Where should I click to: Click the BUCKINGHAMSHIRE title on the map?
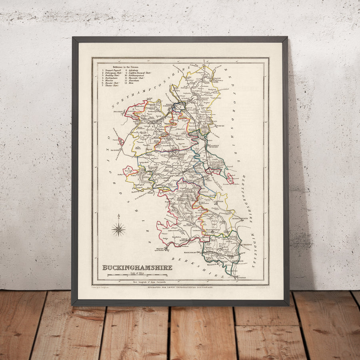click(x=137, y=267)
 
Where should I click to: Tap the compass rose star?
click(x=118, y=229)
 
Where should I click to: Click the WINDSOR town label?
click(x=211, y=264)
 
